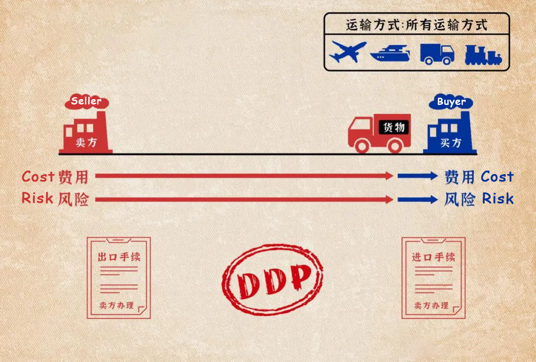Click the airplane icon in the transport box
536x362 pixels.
point(347,52)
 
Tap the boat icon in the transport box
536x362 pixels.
point(390,53)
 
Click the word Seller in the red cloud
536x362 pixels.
point(86,101)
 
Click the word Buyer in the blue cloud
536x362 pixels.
point(451,102)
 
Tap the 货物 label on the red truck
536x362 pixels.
point(394,127)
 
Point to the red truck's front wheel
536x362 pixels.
point(362,146)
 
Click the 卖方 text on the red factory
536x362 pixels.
point(86,142)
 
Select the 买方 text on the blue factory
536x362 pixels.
point(451,142)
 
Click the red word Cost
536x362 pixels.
point(38,177)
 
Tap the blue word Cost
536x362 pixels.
point(497,177)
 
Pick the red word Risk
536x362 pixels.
point(37,198)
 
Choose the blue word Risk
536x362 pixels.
point(498,198)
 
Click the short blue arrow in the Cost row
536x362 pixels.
point(417,176)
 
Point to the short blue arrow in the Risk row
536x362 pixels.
point(417,200)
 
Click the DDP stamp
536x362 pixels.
point(272,279)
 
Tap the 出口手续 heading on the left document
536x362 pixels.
point(119,257)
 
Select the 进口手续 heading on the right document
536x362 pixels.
point(433,257)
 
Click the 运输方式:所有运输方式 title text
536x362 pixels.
point(417,25)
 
